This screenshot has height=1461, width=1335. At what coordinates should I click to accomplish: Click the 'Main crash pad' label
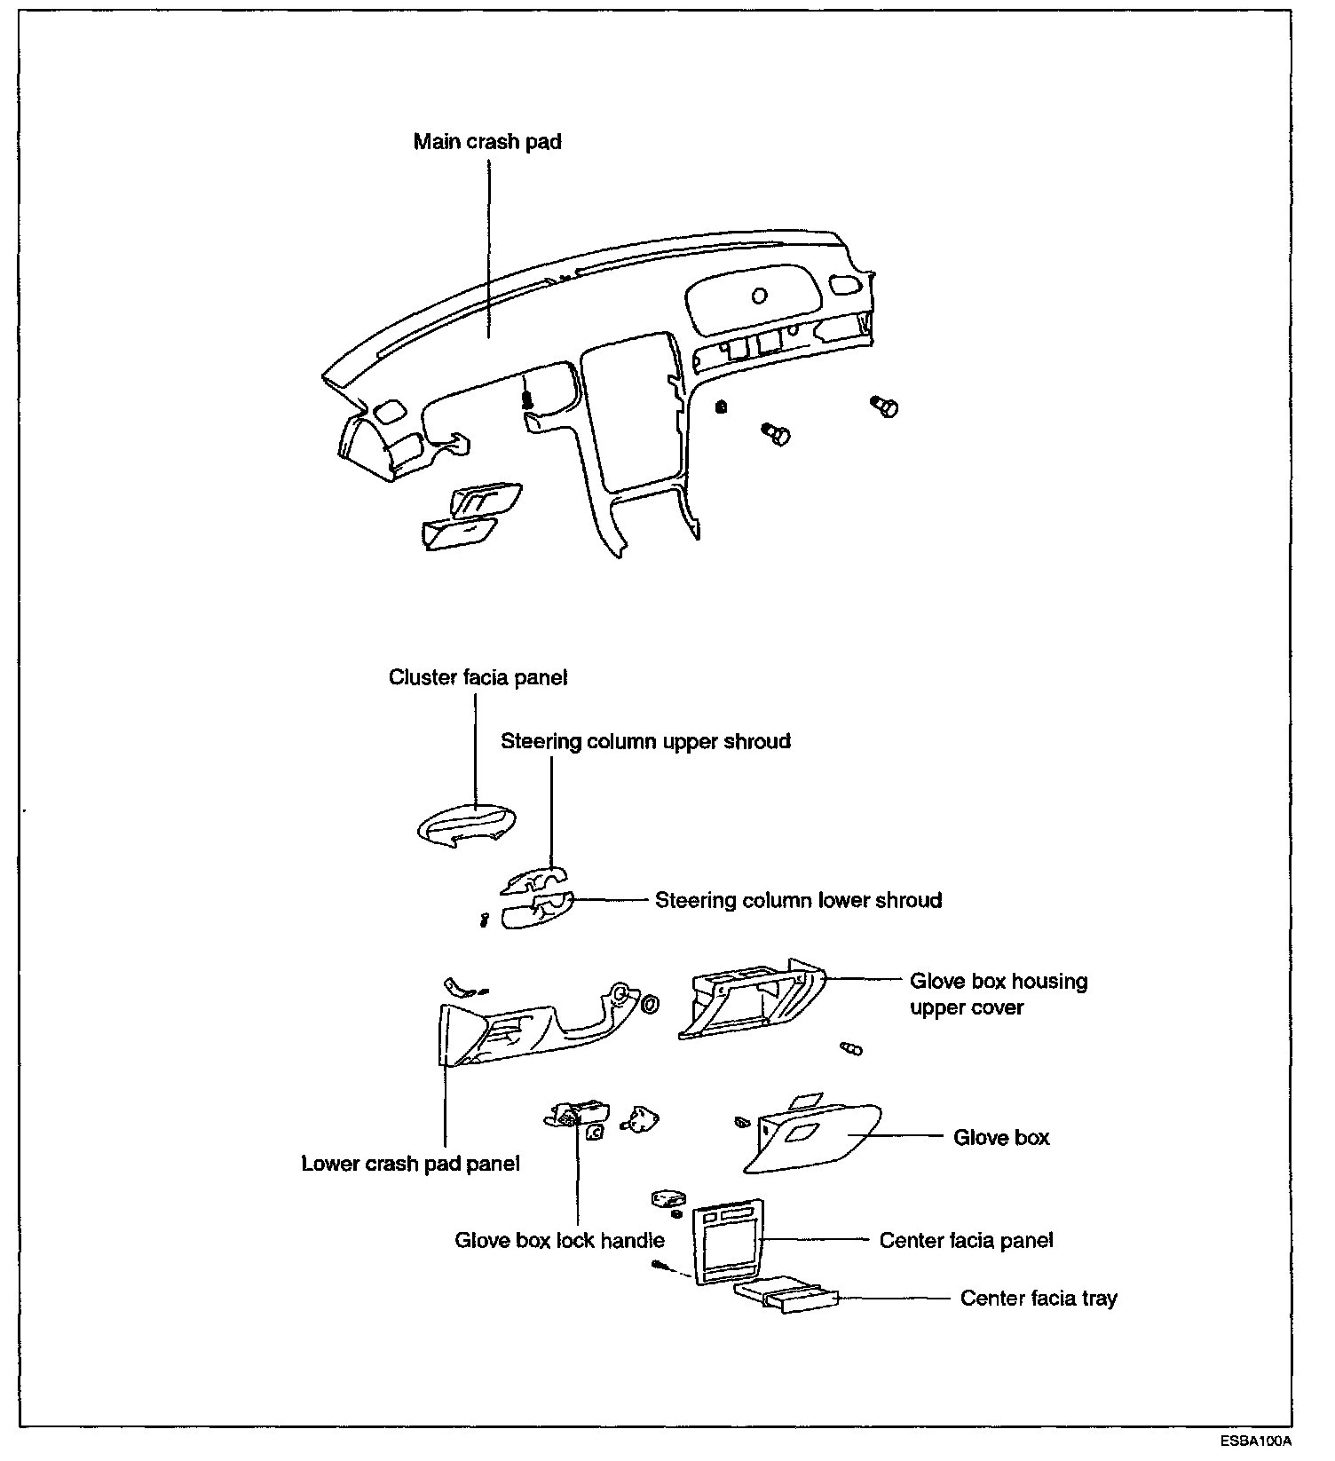[x=487, y=142]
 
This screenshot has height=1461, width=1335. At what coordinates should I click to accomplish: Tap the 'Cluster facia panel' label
[x=478, y=678]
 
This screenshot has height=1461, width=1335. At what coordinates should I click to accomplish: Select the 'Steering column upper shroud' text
[x=645, y=741]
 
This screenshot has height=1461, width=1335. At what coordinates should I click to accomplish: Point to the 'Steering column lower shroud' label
[x=798, y=900]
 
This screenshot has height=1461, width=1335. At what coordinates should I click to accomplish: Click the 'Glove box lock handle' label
[x=559, y=1240]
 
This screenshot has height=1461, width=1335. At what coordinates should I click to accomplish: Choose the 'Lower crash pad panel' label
[x=410, y=1164]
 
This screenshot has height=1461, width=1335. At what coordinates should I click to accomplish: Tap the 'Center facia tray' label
[x=1039, y=1299]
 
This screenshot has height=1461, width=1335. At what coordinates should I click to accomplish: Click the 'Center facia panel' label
[x=966, y=1240]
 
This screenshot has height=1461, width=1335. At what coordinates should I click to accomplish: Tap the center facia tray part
[x=784, y=1297]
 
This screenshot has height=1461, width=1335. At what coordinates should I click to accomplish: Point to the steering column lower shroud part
[x=538, y=914]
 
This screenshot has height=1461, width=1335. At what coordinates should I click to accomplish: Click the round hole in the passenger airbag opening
[x=759, y=295]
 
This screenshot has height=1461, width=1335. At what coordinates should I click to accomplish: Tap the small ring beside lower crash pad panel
[x=650, y=1004]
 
